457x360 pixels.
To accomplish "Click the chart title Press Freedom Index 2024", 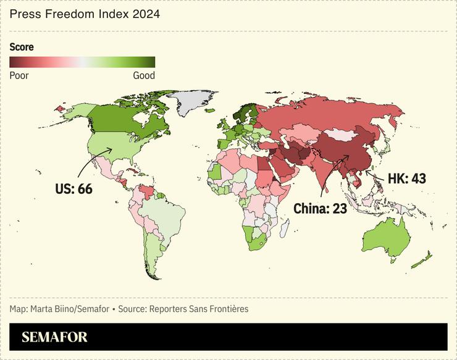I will click(x=85, y=14).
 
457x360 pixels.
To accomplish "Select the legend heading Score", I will click(x=22, y=47).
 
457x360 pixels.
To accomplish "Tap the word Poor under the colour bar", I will click(x=19, y=75).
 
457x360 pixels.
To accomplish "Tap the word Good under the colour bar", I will click(x=144, y=75).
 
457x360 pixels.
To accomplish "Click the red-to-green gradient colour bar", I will click(x=82, y=62).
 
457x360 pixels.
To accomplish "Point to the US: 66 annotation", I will click(x=73, y=188).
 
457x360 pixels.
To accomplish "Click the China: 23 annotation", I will click(x=320, y=209).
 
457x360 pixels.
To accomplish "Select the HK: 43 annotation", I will click(x=406, y=179).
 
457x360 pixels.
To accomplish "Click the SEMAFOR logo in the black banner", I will click(x=55, y=337).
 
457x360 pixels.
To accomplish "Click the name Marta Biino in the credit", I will click(x=49, y=308).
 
